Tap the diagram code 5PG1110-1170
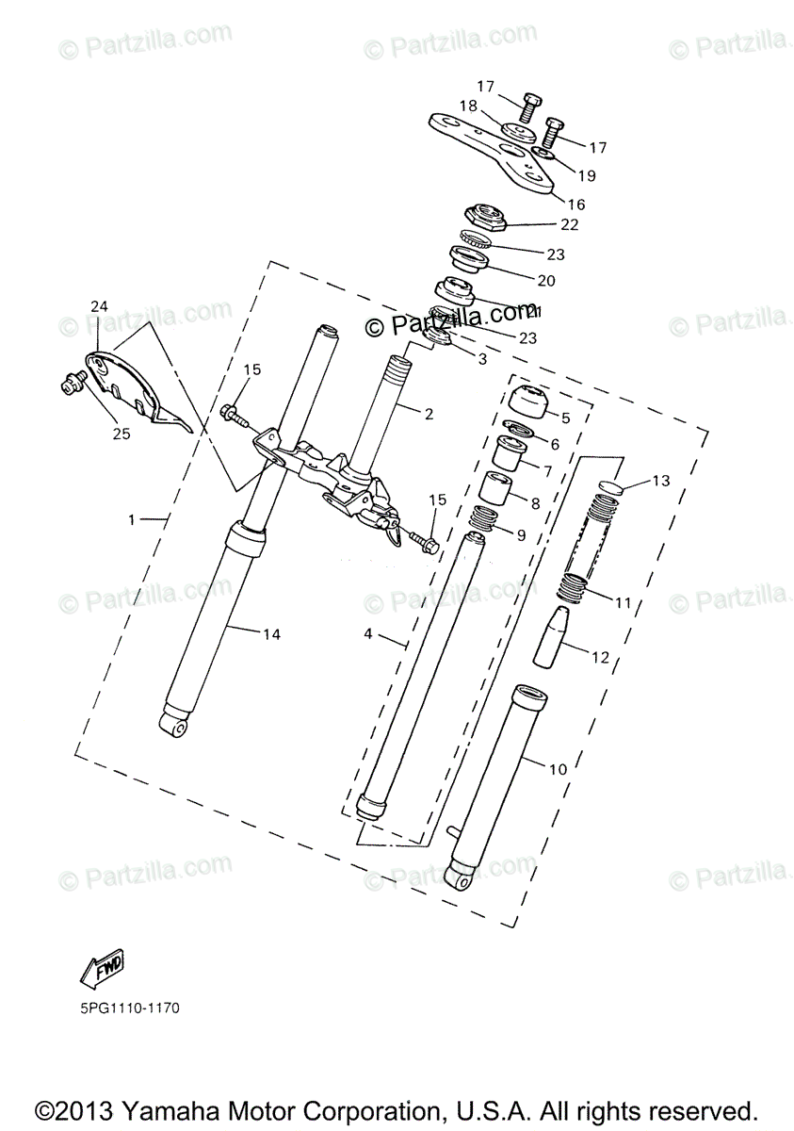tap(129, 1008)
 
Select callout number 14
tap(271, 634)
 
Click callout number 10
tap(558, 769)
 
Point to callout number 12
tap(599, 657)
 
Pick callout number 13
tap(659, 481)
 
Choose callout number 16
tap(575, 204)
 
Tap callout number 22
tap(569, 224)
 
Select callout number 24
tap(100, 306)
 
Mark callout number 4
tap(369, 635)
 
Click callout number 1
tap(133, 519)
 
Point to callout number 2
tap(429, 413)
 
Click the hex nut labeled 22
tap(488, 218)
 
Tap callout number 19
tap(587, 175)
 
